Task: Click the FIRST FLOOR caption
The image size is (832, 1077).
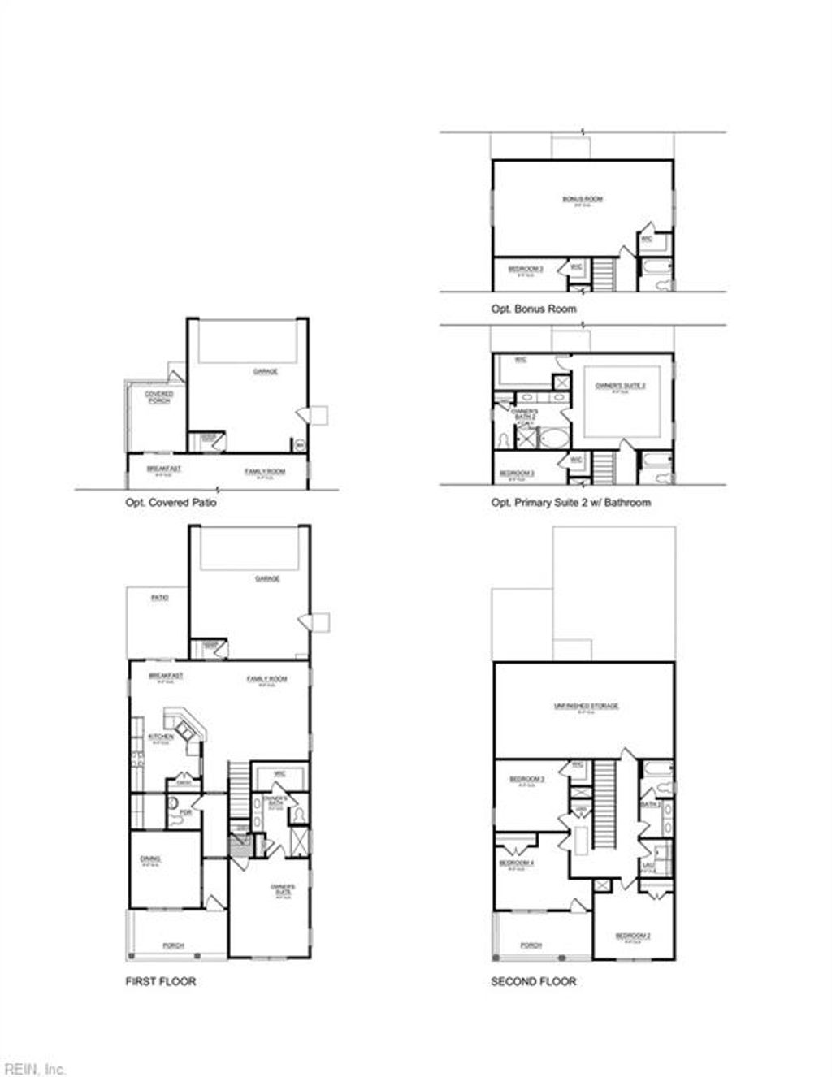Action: (x=160, y=981)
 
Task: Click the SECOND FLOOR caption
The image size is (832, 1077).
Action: (x=533, y=981)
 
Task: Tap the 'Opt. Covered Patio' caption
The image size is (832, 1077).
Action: (x=171, y=503)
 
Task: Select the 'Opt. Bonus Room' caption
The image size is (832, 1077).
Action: (x=533, y=309)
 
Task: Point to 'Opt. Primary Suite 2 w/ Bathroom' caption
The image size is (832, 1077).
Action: (x=570, y=503)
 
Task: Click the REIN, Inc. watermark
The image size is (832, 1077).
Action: (x=34, y=1069)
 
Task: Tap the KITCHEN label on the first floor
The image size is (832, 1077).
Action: (x=160, y=737)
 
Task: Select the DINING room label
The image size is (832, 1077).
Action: (x=150, y=859)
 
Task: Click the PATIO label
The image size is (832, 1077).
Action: (x=160, y=598)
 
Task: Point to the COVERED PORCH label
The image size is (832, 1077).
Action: (x=159, y=397)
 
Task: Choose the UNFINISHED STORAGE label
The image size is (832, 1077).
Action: (x=586, y=706)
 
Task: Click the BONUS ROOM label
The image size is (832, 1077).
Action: (x=583, y=199)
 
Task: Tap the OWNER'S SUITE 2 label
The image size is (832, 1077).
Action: (x=620, y=386)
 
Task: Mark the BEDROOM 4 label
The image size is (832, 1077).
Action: (x=516, y=863)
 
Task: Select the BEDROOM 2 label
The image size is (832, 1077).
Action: (x=632, y=936)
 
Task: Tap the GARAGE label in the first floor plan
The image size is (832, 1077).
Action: (x=267, y=579)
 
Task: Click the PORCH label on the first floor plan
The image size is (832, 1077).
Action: (x=173, y=945)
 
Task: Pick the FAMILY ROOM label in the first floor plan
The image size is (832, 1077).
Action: (x=266, y=679)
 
